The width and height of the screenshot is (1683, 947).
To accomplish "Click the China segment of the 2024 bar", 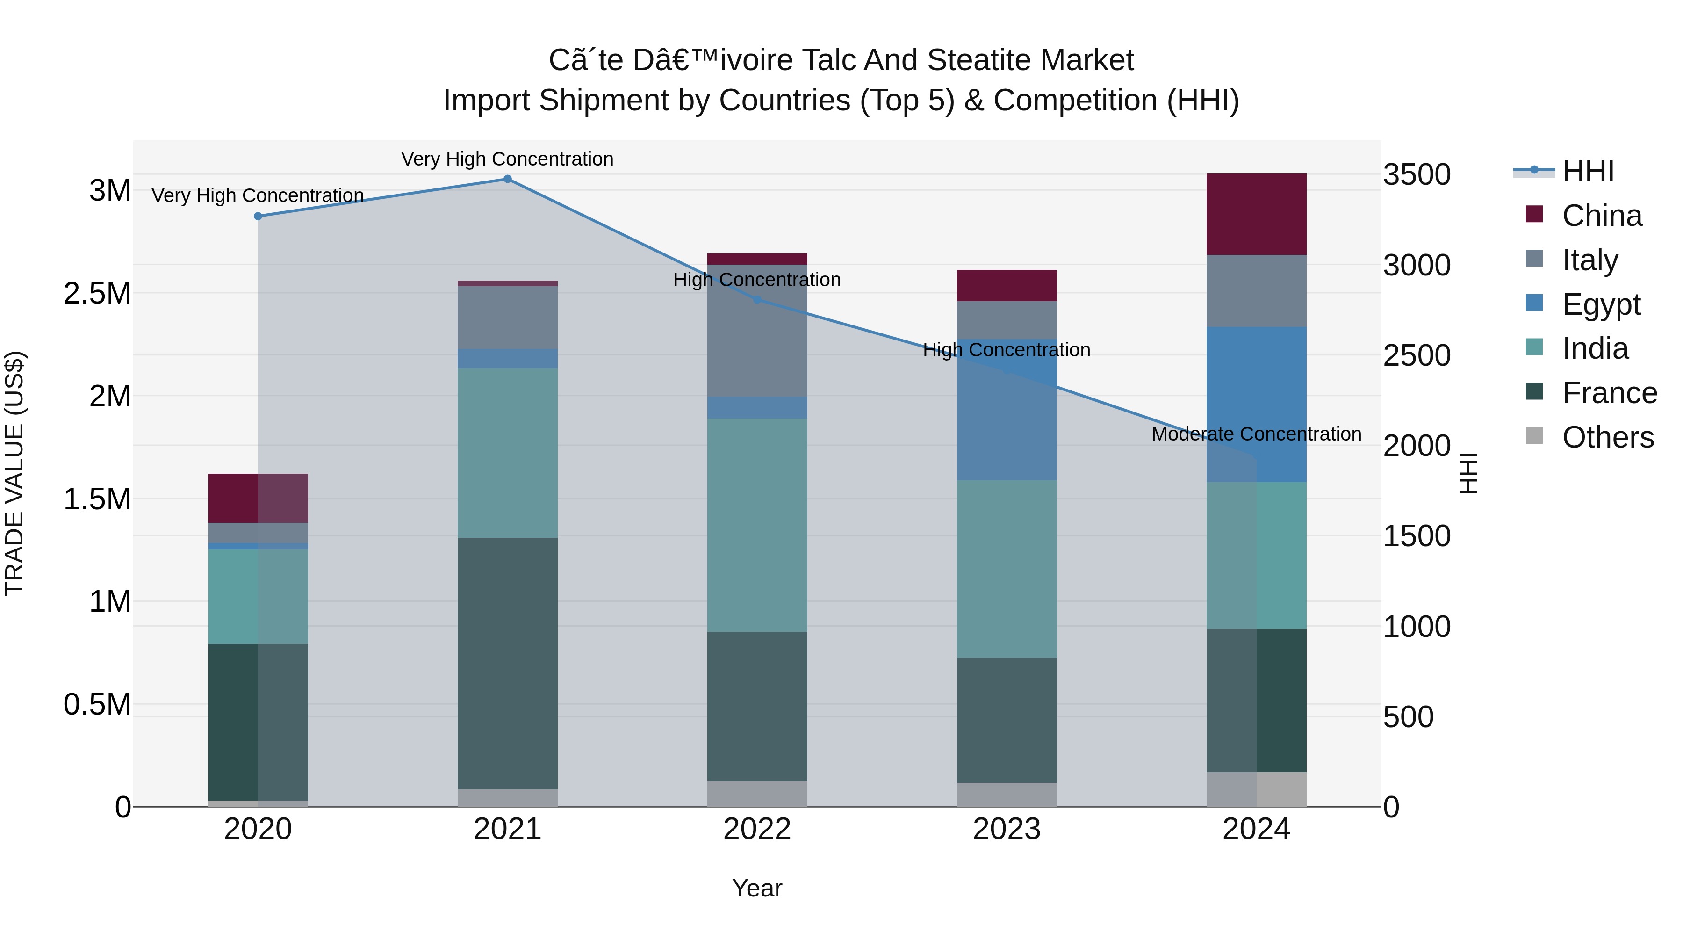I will coord(1256,214).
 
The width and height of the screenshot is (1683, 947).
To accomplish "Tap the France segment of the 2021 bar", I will coord(508,663).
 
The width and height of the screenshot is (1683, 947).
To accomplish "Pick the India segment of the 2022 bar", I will coord(757,525).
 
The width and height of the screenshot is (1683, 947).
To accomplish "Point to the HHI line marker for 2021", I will coord(508,179).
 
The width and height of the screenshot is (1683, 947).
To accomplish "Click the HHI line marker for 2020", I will coord(258,217).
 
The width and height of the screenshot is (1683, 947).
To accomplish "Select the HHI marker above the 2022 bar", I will coord(757,300).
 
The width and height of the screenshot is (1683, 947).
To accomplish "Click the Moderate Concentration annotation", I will coord(1256,434).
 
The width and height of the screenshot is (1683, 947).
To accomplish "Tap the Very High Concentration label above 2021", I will coord(508,159).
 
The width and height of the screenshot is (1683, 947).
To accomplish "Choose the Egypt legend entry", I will coord(1601,304).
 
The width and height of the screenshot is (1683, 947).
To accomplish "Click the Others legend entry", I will coord(1607,437).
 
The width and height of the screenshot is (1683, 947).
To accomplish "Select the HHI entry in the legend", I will coord(1588,171).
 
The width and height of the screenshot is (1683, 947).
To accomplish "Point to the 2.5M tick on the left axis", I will coord(97,293).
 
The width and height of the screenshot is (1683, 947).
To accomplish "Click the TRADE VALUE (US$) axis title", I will coord(15,473).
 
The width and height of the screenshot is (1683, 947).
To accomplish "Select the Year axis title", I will coord(757,888).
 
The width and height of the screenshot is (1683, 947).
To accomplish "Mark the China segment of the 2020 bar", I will coord(258,498).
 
